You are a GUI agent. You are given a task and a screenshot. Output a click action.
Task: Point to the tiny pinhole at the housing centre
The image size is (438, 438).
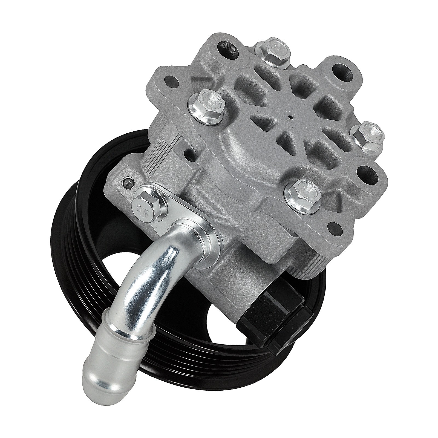click(x=290, y=118)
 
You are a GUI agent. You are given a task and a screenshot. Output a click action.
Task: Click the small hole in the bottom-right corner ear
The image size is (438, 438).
click(x=335, y=227)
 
